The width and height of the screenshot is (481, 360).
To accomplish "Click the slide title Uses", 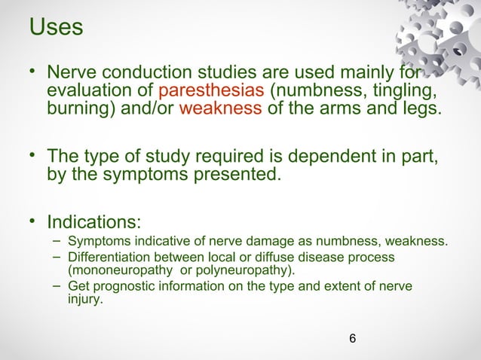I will point(56,27).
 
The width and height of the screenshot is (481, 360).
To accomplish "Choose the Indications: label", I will point(93,224).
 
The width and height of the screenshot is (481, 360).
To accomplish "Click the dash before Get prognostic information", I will point(57,286).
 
